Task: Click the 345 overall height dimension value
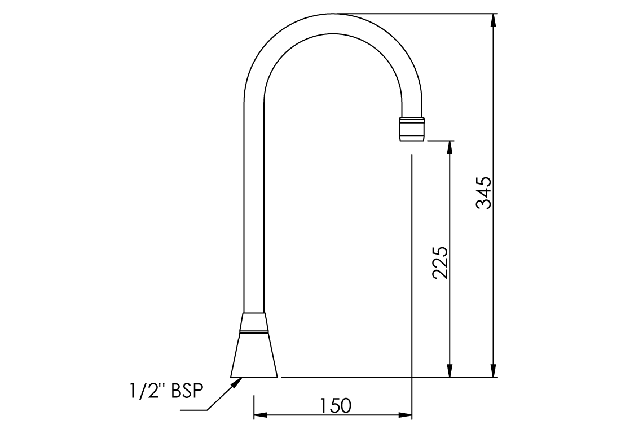click(x=485, y=193)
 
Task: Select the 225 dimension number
click(x=441, y=262)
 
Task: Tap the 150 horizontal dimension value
click(x=336, y=405)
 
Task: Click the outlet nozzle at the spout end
click(x=411, y=129)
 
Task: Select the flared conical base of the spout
click(x=254, y=356)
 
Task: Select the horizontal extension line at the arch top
click(x=417, y=14)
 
